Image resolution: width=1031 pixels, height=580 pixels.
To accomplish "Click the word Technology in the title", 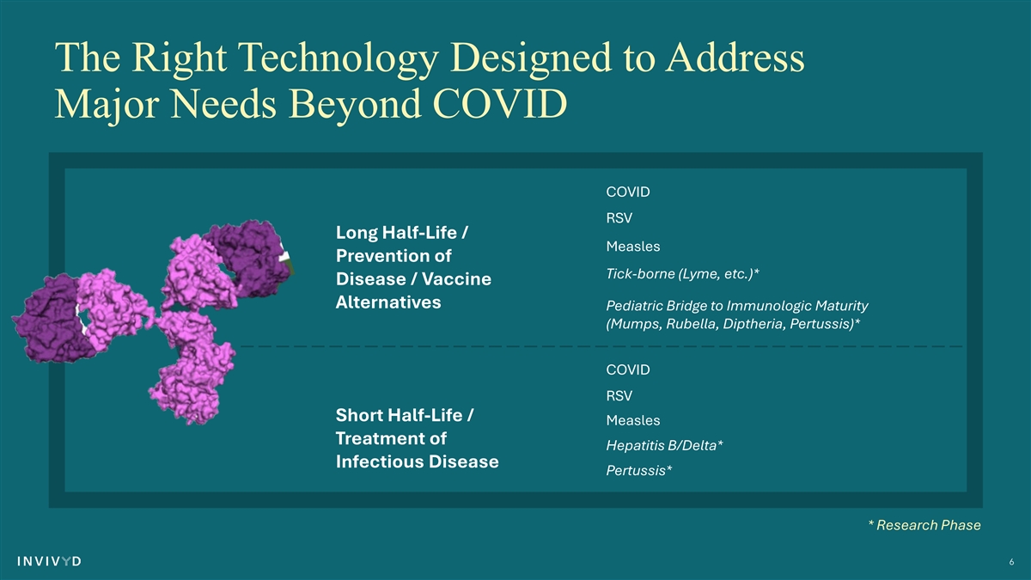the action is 339,58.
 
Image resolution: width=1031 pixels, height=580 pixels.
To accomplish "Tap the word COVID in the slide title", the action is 500,104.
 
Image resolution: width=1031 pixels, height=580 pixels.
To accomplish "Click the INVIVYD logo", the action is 49,561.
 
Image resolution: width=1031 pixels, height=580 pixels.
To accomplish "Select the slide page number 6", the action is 1011,562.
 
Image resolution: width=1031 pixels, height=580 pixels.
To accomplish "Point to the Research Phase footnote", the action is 924,525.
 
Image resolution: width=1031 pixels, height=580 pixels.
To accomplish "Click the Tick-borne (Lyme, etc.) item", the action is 682,274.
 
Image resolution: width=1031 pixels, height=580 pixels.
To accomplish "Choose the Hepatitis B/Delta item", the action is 664,446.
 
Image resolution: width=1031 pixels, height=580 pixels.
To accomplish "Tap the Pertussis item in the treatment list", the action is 639,471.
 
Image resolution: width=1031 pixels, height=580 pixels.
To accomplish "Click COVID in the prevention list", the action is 628,192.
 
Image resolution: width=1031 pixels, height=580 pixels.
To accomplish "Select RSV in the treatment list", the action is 619,396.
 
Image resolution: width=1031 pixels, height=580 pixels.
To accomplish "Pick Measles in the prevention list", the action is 633,247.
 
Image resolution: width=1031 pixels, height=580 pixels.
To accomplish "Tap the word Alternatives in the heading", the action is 388,302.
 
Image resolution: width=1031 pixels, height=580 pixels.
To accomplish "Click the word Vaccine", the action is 456,279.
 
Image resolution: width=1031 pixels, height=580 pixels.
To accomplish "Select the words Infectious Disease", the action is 417,461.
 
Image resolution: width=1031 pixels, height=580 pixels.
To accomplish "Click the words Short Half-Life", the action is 399,415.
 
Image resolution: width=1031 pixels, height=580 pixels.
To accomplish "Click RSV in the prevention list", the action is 619,218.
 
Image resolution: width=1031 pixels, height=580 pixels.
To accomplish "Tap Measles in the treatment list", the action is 633,421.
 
